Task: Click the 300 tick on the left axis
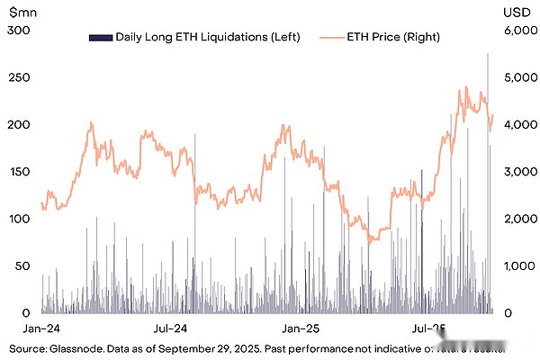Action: (19, 31)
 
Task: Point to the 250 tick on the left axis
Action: (19, 77)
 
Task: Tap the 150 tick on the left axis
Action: (19, 172)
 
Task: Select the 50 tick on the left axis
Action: (19, 266)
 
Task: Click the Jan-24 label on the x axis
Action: (41, 328)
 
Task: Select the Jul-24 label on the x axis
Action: (170, 328)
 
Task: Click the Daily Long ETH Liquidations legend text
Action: (207, 37)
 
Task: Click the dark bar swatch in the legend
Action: (99, 37)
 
